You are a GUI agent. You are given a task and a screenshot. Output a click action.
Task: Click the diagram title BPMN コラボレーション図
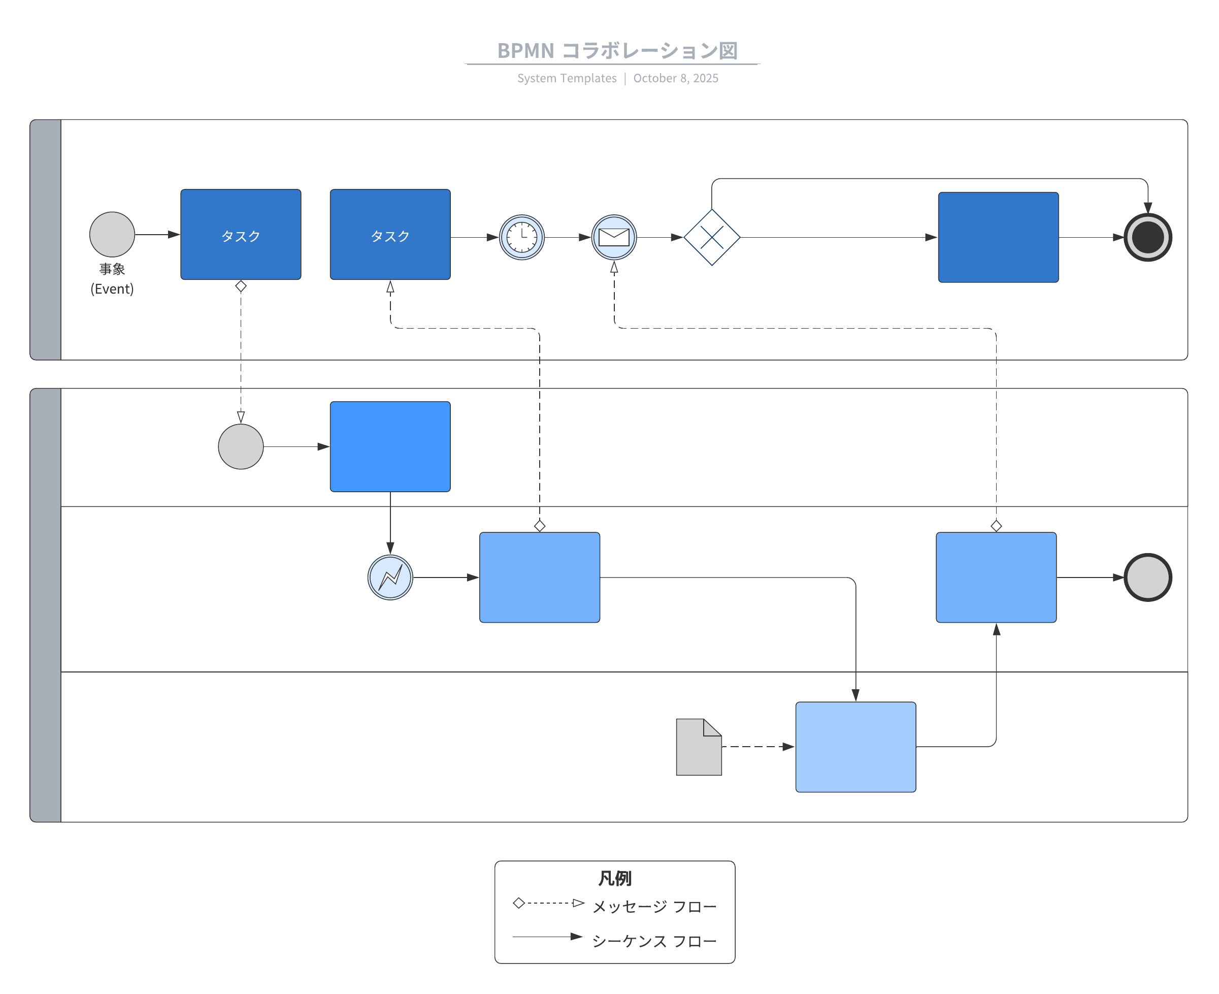coord(616,50)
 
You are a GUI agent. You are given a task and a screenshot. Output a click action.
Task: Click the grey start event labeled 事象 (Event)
coord(112,234)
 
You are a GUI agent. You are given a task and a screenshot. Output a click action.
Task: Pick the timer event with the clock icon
coord(521,237)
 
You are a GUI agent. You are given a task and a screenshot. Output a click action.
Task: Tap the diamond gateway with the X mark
coord(711,237)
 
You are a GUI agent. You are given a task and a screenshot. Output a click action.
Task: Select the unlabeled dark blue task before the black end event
coord(998,237)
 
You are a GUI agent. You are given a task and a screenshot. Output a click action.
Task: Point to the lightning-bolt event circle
coord(390,577)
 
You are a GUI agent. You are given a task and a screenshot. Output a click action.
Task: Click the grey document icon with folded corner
coord(698,747)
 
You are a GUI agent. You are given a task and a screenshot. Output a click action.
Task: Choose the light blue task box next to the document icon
coord(855,747)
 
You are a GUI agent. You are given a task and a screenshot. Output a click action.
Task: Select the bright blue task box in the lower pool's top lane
coord(390,446)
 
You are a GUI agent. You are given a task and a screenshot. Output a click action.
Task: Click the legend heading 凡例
coord(614,878)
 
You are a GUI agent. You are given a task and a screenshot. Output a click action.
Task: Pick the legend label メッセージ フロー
coord(653,907)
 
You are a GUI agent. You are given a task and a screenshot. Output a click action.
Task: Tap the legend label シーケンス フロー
coord(653,941)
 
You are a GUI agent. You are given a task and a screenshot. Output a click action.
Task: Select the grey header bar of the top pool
coord(45,239)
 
